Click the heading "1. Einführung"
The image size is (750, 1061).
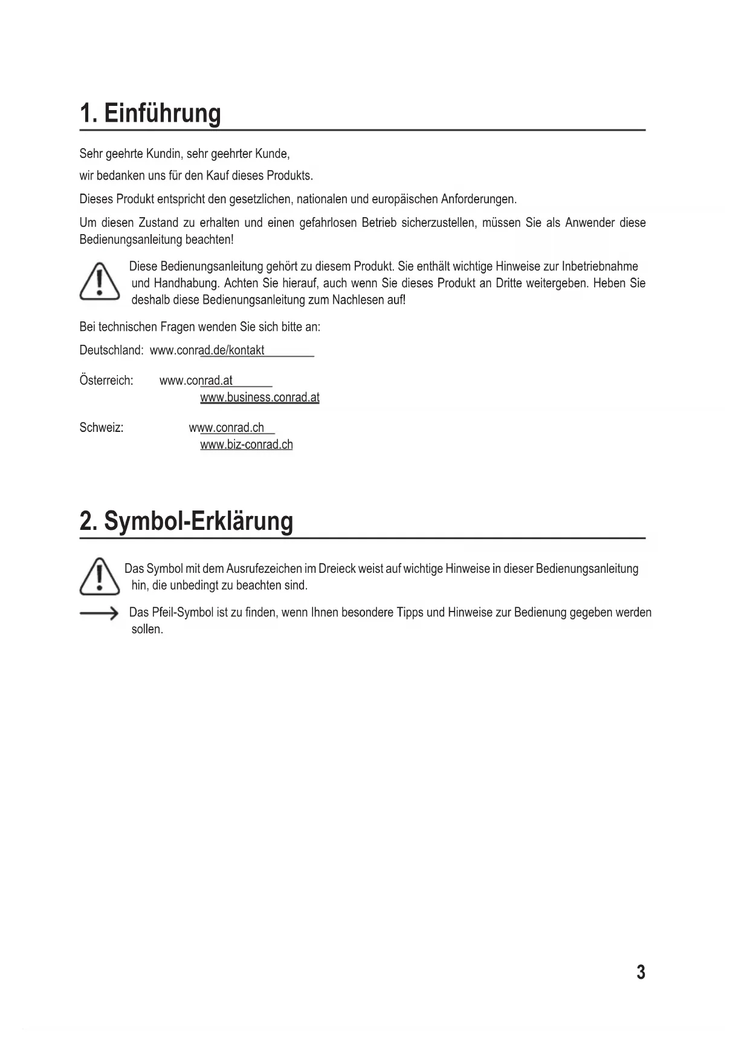tap(150, 114)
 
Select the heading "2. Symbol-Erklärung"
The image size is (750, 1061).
tap(186, 521)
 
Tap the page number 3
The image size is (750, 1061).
tap(641, 972)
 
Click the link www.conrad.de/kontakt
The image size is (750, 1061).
tap(207, 350)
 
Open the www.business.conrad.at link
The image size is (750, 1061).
tap(259, 397)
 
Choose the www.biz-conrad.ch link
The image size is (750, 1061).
tap(246, 445)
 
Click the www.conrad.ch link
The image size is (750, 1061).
tap(227, 428)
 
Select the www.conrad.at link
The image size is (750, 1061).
tap(196, 380)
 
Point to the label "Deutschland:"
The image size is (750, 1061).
tap(111, 350)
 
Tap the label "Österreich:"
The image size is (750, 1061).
tap(106, 380)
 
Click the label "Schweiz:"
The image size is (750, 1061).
tap(102, 428)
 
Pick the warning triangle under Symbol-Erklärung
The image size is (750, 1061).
tap(100, 576)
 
